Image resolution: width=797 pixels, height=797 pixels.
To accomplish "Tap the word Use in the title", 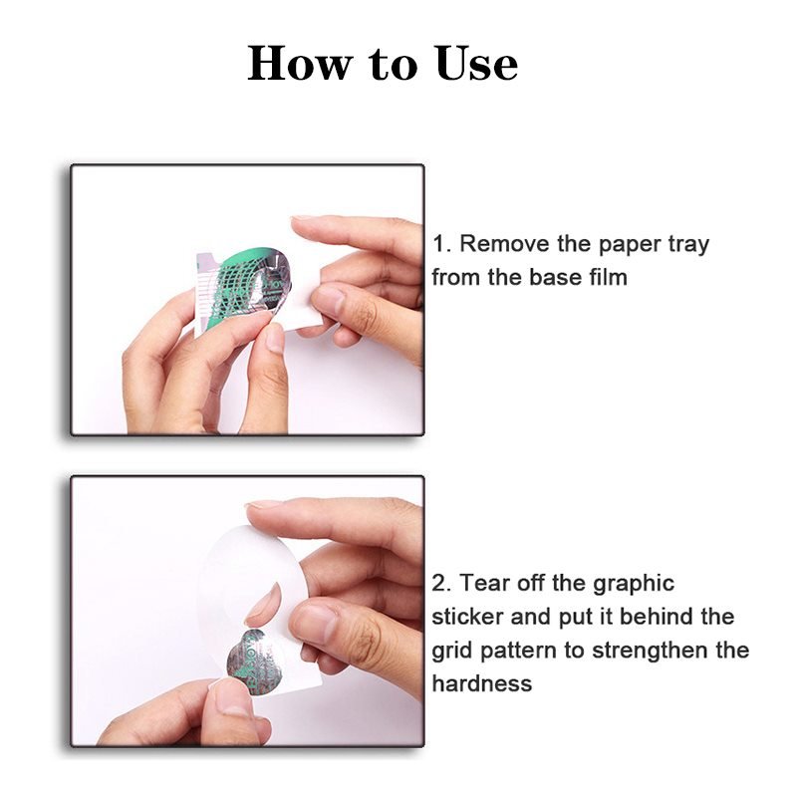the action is point(476,63).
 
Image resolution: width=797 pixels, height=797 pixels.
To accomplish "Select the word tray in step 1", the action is point(688,246).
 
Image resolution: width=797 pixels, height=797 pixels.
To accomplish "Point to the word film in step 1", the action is point(609,277).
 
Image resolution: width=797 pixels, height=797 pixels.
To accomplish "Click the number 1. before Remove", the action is point(441,244).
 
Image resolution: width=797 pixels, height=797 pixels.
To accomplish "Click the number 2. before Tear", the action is point(442,583).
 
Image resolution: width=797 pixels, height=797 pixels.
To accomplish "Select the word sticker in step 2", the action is point(467,617).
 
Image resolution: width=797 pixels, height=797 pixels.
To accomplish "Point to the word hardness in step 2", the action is point(482,683).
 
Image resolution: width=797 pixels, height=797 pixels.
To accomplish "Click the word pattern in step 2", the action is point(517,652).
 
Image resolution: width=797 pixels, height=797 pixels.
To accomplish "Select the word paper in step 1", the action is point(630,246).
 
